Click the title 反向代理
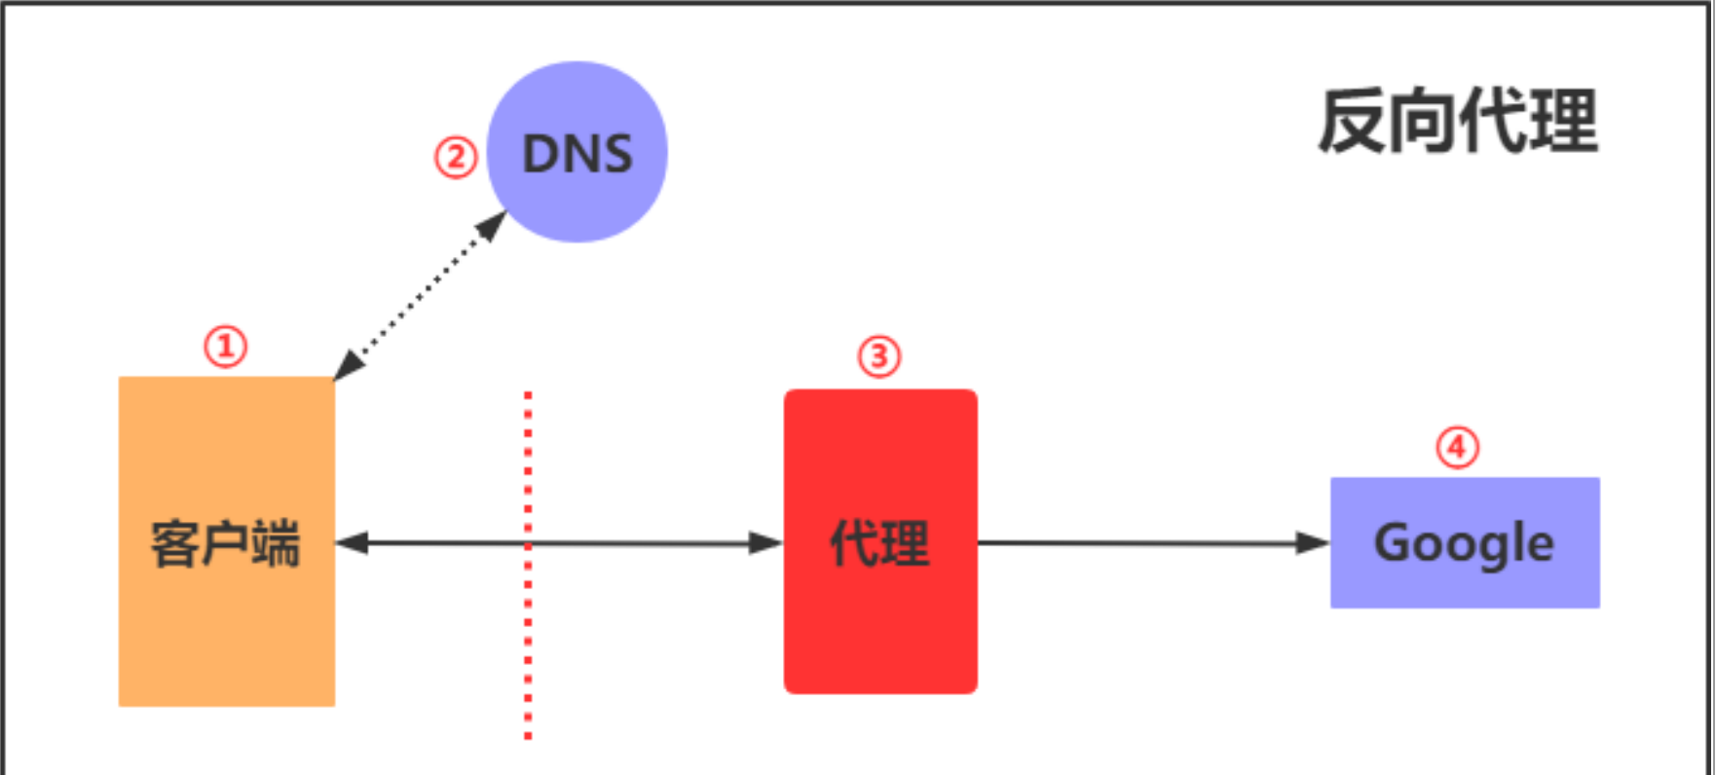(1458, 122)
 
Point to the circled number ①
(226, 347)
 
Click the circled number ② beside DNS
(455, 158)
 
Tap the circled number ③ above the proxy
(878, 356)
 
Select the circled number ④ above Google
(1457, 448)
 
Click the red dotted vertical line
(528, 662)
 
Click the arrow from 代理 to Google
(1149, 543)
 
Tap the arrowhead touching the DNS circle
(492, 226)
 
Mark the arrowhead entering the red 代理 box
(766, 543)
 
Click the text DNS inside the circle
(578, 154)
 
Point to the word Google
(1464, 543)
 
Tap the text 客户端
(226, 543)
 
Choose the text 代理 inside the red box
(879, 543)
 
